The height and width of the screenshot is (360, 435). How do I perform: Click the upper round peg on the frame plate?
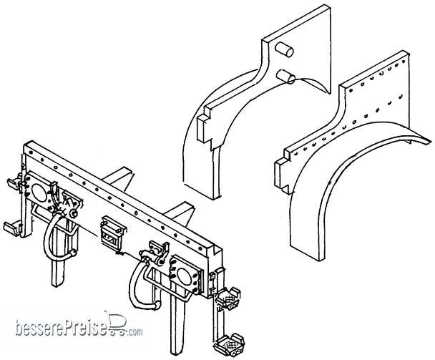[x=284, y=50]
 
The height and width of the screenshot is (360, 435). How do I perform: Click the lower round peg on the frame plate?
[x=285, y=77]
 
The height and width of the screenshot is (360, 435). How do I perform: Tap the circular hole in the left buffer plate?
[x=39, y=193]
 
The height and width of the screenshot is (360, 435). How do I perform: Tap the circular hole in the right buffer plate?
[x=184, y=276]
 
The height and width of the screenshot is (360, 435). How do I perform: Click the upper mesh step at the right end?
[x=228, y=298]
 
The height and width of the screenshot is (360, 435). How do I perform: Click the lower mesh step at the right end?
[x=229, y=345]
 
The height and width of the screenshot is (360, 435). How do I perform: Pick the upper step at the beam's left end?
[x=14, y=183]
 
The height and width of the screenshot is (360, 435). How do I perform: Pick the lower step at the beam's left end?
[x=12, y=227]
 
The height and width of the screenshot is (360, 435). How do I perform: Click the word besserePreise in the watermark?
[x=62, y=328]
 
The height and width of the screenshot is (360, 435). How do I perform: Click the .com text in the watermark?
[x=135, y=331]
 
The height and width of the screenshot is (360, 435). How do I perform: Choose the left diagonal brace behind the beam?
[x=117, y=177]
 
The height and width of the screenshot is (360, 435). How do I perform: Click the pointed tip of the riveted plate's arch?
[x=430, y=141]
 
